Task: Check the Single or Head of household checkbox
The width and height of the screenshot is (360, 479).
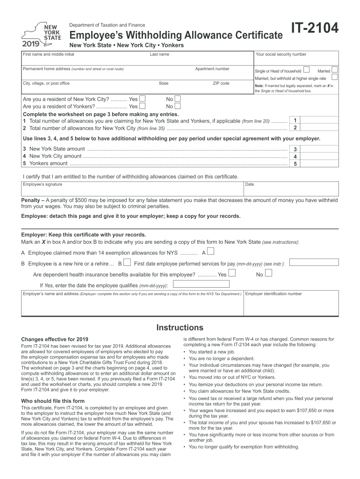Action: click(306, 70)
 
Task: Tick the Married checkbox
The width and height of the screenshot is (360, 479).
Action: click(334, 70)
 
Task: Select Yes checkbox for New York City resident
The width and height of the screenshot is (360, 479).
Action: click(143, 99)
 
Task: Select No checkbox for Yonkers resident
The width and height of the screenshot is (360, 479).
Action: click(178, 106)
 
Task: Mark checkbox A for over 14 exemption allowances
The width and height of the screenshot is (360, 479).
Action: click(210, 252)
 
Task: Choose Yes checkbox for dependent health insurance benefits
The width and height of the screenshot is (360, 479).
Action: click(232, 274)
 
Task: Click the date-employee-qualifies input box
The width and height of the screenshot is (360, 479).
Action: click(201, 284)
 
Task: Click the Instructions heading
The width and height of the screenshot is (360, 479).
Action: click(180, 327)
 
